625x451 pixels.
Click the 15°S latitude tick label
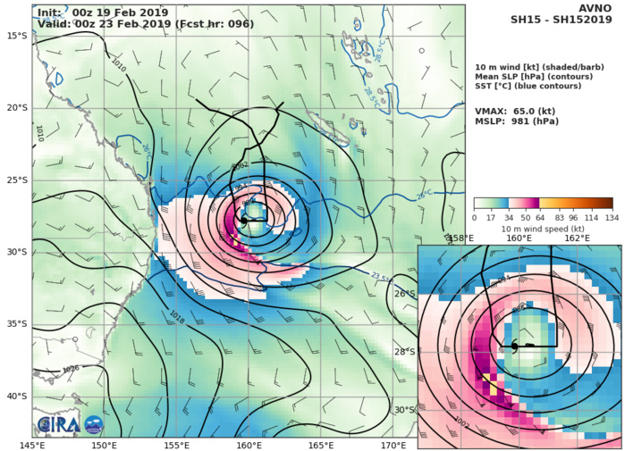[15, 35]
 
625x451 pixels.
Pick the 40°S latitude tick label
[15, 396]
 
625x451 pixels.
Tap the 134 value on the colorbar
[612, 217]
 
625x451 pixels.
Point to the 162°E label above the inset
[577, 238]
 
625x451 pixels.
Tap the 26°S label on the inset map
[430, 294]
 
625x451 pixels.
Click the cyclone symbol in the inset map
[516, 346]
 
